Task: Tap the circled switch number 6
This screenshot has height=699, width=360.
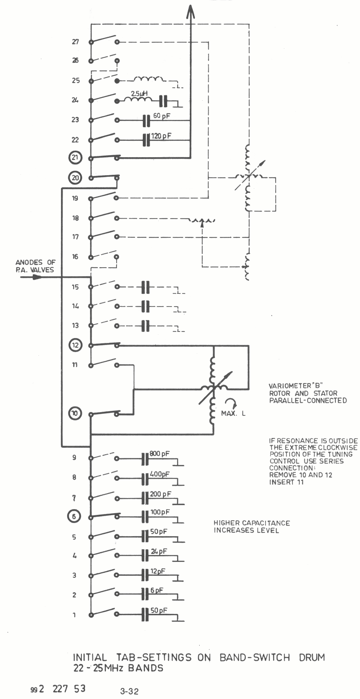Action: click(74, 517)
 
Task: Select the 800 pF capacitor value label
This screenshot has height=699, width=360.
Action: click(160, 454)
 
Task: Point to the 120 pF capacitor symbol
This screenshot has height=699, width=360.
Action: click(146, 140)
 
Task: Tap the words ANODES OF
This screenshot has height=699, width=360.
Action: click(35, 262)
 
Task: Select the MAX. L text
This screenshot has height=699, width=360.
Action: click(233, 413)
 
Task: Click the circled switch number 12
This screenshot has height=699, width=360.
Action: click(75, 345)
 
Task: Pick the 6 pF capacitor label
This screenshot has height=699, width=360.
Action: click(157, 591)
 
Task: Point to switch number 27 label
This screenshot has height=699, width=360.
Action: click(75, 42)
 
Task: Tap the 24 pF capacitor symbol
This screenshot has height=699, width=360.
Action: click(145, 555)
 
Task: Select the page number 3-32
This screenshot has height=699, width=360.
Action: click(129, 692)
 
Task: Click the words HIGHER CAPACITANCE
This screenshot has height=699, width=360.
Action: click(252, 523)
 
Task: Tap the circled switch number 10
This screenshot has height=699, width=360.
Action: click(75, 414)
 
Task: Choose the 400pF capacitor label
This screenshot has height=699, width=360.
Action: click(160, 474)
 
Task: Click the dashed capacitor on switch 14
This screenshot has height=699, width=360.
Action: click(145, 306)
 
